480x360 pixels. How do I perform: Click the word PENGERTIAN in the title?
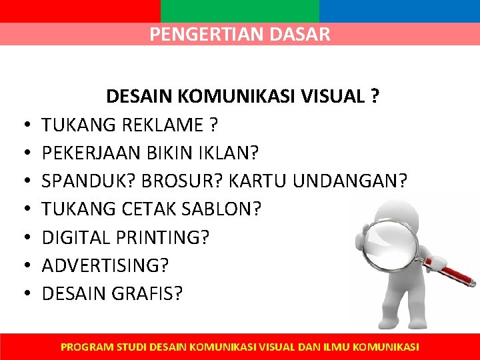point(197,34)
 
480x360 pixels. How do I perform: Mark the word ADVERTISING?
point(105,265)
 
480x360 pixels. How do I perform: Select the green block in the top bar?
point(240,11)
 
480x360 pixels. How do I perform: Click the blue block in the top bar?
point(399,11)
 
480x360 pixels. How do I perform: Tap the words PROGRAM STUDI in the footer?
point(104,347)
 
